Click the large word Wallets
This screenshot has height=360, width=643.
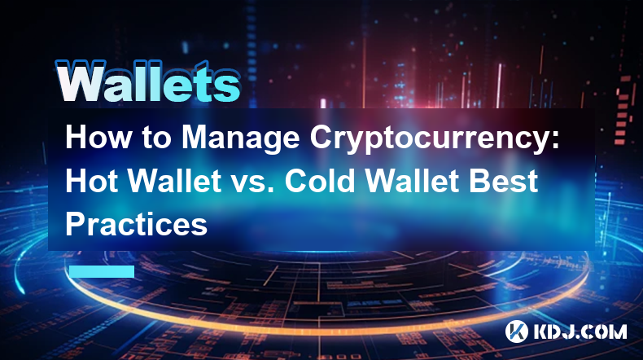click(147, 81)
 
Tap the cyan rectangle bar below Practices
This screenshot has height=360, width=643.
click(102, 271)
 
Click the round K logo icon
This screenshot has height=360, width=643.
click(516, 331)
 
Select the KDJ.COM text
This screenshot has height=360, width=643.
click(580, 331)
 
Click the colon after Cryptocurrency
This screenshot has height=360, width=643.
click(555, 140)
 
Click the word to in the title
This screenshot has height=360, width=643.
click(156, 138)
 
